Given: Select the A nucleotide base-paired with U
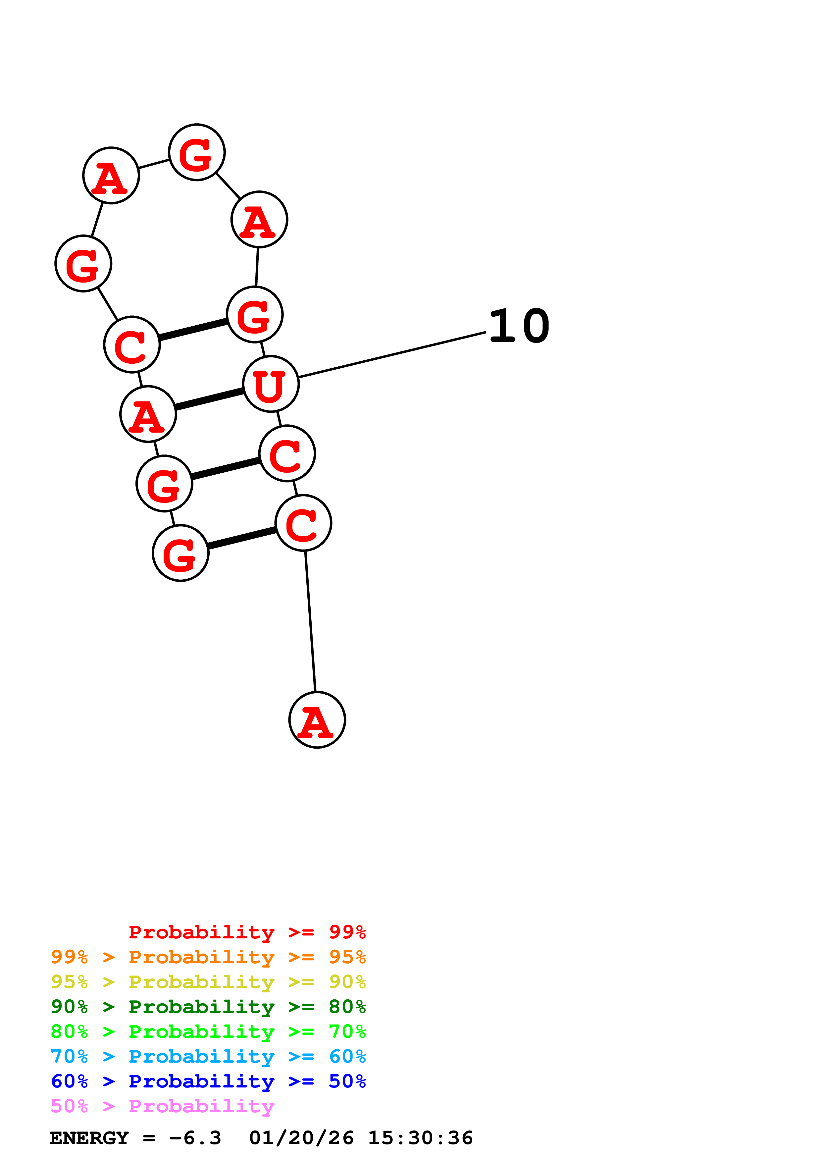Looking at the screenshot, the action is [x=148, y=414].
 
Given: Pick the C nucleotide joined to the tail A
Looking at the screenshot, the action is [x=303, y=523].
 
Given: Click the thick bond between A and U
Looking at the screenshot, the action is [x=209, y=399].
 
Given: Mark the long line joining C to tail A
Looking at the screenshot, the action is [x=310, y=621].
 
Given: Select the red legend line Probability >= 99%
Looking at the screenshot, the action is [x=247, y=932].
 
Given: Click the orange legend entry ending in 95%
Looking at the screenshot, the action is [x=208, y=957].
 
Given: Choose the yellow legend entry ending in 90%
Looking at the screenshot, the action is [x=208, y=982].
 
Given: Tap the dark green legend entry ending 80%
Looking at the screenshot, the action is [x=208, y=1007].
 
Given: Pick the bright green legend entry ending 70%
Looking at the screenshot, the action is [x=208, y=1031].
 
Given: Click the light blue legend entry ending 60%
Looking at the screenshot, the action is [x=208, y=1056].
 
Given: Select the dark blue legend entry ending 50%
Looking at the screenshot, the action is [x=208, y=1081].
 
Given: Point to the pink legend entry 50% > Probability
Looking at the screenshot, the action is [x=162, y=1106].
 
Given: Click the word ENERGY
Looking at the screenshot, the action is [x=89, y=1138].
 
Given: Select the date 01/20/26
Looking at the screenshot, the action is [x=301, y=1138].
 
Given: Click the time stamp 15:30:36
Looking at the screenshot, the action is [x=420, y=1138].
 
